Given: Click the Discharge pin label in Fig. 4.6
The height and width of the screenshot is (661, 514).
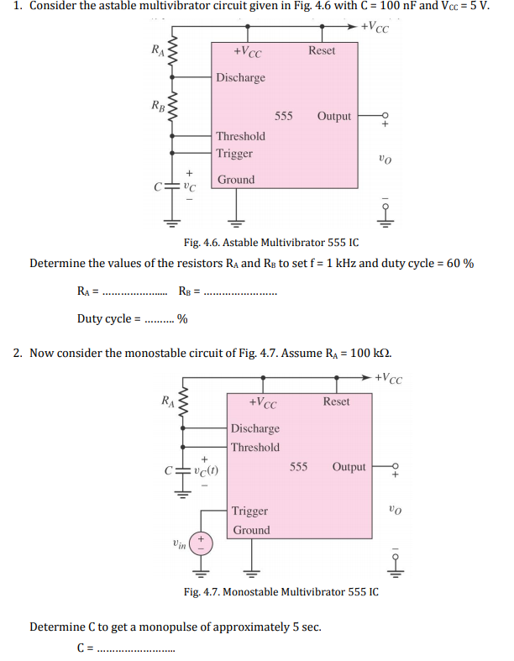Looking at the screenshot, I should (240, 77).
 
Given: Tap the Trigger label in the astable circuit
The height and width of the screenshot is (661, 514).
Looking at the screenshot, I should (234, 154).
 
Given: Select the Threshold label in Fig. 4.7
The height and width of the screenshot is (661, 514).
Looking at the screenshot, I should (255, 447).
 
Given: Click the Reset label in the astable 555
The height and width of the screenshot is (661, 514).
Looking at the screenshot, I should (322, 50).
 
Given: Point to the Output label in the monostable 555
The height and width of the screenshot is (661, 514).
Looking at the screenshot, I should (349, 466).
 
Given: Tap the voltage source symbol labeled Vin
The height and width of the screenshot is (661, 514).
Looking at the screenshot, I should (201, 543).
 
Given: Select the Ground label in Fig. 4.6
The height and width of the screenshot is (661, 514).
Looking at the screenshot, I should (236, 179).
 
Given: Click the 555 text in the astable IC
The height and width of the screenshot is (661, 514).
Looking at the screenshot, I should (284, 116).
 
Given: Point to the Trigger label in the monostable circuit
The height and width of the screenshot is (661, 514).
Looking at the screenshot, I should (249, 511).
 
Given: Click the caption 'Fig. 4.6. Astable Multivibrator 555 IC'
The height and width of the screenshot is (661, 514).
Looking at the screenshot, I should (270, 243).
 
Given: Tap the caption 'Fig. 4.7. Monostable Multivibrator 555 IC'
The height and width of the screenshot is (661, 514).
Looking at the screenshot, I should (281, 592).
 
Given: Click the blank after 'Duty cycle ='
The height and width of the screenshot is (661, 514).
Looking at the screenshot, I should (159, 320).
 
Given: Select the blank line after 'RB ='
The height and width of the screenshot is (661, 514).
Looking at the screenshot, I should (239, 293).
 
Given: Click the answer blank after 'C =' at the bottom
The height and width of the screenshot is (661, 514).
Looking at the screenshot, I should (135, 649).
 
